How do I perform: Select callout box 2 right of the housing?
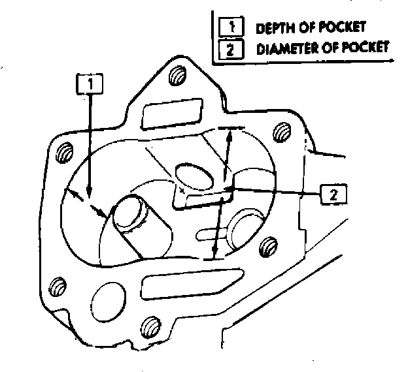333,193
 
